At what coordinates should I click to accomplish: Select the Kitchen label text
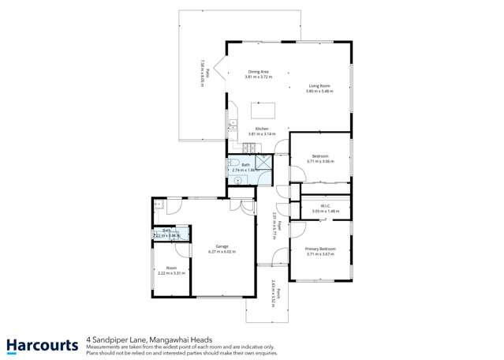point(262,129)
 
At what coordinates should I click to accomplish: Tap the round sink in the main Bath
point(232,178)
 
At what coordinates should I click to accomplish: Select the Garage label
point(222,246)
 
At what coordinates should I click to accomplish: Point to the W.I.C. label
point(319,206)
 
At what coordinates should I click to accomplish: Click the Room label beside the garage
point(171,268)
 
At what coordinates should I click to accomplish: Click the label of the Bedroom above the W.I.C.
point(320,156)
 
